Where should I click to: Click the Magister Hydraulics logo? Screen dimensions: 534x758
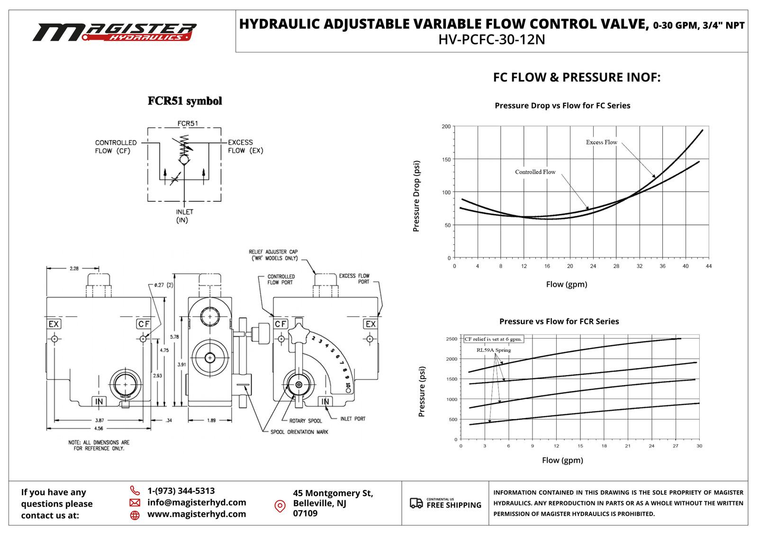(115, 32)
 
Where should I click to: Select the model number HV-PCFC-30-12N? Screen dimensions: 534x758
(491, 40)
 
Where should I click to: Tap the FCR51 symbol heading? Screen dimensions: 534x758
(185, 101)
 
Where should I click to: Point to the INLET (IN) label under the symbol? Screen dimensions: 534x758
(184, 216)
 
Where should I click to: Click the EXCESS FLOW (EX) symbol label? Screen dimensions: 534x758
(245, 146)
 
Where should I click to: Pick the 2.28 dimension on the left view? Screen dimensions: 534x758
(74, 268)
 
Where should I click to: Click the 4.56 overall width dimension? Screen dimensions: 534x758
(99, 428)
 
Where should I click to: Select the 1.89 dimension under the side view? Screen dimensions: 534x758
(211, 420)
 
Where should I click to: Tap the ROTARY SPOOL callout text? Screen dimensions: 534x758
(306, 421)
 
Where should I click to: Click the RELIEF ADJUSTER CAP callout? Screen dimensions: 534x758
(273, 255)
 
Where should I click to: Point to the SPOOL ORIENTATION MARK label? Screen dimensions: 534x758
(299, 432)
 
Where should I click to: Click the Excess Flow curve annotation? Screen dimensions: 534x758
(601, 142)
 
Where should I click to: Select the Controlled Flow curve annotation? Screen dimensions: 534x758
(535, 172)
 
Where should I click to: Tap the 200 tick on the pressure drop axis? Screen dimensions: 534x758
(446, 126)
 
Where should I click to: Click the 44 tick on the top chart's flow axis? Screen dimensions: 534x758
(708, 266)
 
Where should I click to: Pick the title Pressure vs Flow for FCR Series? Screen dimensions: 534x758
(559, 321)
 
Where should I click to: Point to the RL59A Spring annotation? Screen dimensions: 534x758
(494, 350)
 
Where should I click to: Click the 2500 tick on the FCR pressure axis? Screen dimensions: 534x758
(451, 339)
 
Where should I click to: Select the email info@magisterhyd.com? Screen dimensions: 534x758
(197, 502)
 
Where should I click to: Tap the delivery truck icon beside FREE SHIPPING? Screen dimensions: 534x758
(416, 503)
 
